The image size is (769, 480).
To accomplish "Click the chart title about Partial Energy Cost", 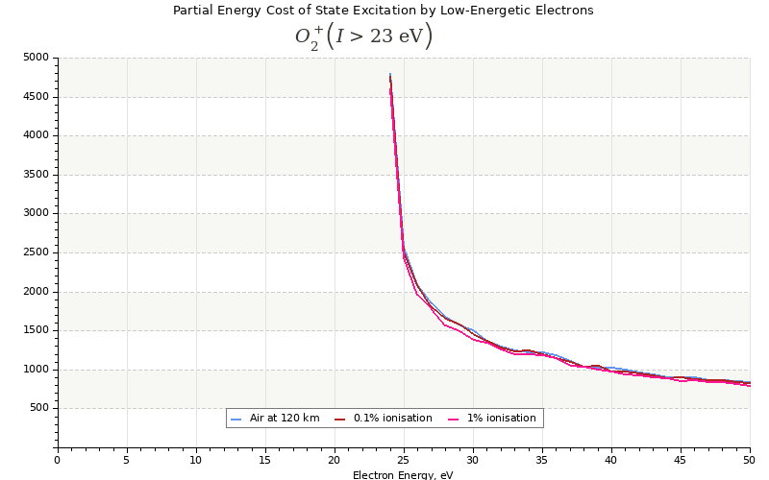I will point(383,11).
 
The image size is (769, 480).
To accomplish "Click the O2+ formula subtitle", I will point(363,37).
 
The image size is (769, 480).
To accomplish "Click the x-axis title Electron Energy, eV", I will point(403,474).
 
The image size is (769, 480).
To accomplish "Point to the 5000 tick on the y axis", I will point(35,58).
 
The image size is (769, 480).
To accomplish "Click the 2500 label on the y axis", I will point(35,252).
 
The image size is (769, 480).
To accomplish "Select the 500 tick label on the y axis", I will point(37,408).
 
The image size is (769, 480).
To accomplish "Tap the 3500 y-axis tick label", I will point(35,175).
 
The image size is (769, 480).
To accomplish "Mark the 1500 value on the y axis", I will point(35,330).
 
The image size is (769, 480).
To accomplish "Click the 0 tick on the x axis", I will point(58,460).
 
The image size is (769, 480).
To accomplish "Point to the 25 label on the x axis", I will point(404,460).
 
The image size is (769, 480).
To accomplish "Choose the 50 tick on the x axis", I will point(749,460).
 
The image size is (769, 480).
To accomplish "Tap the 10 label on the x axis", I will point(196,460).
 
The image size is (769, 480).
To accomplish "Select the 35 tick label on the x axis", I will point(542,460).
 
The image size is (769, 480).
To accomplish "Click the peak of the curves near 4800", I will point(390,74).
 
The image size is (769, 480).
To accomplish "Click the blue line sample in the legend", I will point(237,419).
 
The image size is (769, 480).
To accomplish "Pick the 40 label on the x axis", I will point(611,460).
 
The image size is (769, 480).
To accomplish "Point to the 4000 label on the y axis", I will point(35,135).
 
